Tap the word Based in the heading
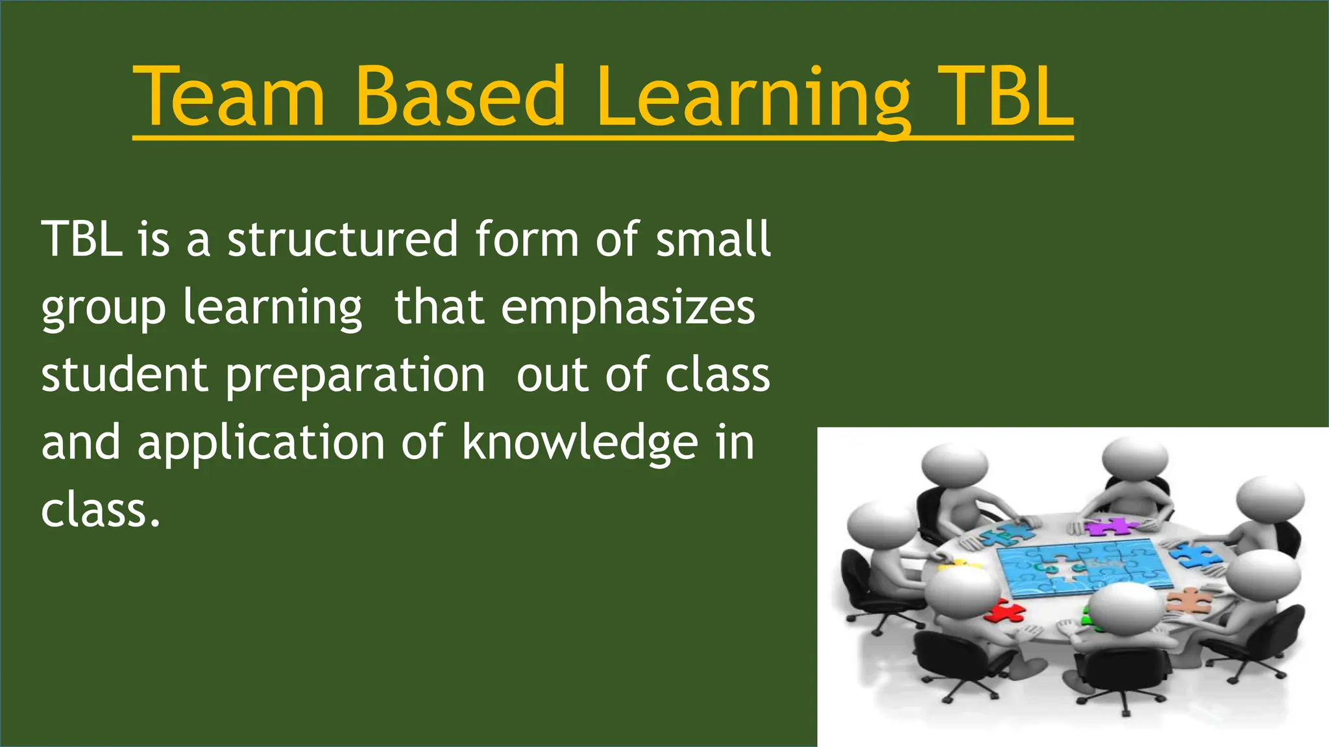[460, 97]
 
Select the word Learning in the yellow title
[753, 97]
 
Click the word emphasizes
[628, 307]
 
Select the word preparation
[355, 375]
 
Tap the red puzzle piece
[1005, 610]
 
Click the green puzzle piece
[1086, 616]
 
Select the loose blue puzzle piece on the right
[1197, 555]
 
